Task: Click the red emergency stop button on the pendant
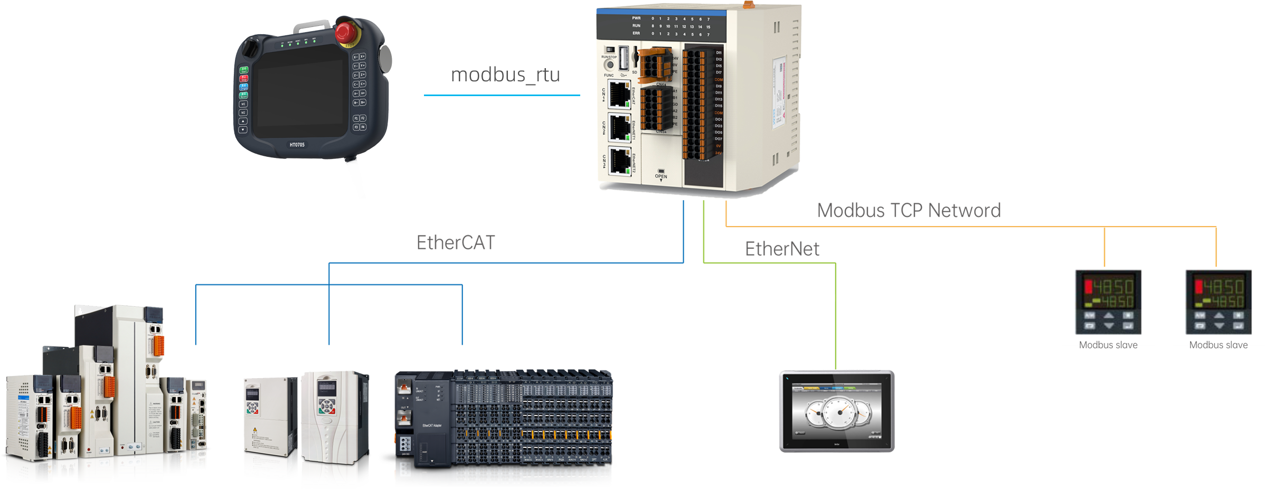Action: [x=345, y=31]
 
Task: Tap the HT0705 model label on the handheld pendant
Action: [x=297, y=144]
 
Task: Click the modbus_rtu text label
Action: [x=506, y=75]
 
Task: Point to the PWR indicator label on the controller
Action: [x=636, y=18]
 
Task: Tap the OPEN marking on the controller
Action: [x=660, y=176]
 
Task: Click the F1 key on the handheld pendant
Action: [x=356, y=118]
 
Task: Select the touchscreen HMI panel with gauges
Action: [x=836, y=411]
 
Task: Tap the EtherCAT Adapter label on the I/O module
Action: [x=432, y=425]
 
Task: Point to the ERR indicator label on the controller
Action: [x=636, y=33]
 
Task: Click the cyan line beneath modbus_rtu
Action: [x=502, y=95]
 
